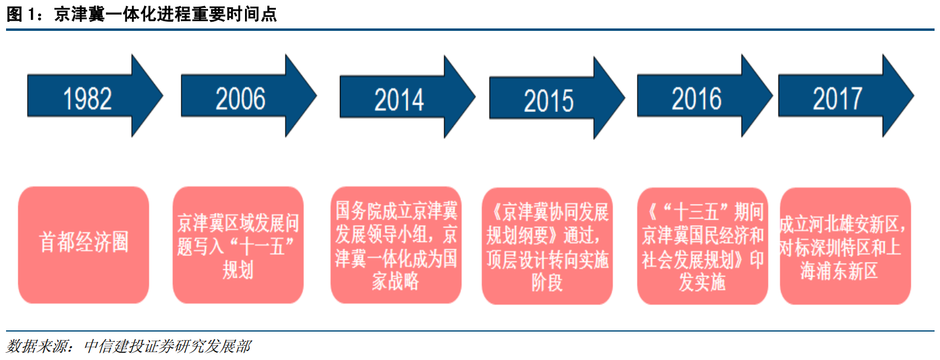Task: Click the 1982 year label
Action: click(87, 99)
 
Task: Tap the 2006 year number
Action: click(241, 99)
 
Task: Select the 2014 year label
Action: click(399, 100)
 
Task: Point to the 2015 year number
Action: click(549, 101)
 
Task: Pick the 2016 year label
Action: click(697, 99)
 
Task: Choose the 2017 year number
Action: click(838, 99)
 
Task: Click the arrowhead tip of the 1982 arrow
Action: click(163, 96)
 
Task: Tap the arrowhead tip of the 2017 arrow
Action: click(913, 96)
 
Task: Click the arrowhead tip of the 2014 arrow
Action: click(475, 97)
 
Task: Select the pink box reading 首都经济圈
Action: click(83, 245)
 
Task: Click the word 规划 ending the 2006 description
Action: click(238, 270)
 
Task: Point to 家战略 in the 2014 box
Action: click(396, 281)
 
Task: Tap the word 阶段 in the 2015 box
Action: click(547, 283)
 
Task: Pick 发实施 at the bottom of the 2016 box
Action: click(702, 282)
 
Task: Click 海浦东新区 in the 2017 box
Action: click(839, 271)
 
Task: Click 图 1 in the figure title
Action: click(21, 15)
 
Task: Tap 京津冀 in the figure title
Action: click(79, 15)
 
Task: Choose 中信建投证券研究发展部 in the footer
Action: click(167, 346)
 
